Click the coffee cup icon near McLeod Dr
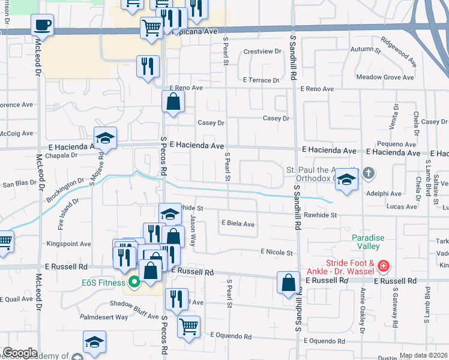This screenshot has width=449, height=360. point(42,25)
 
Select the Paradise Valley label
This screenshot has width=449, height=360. point(366,242)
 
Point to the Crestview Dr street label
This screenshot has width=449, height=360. point(262,52)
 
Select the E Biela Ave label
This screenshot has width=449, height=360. point(238,224)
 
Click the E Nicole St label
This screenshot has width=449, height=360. point(277,253)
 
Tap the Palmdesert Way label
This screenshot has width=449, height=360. point(104,317)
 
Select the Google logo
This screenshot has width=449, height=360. point(20,353)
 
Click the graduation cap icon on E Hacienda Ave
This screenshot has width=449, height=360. point(105,139)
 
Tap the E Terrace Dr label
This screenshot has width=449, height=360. point(261,80)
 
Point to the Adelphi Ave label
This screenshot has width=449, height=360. point(387,194)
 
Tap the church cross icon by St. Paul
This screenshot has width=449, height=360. point(369,174)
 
